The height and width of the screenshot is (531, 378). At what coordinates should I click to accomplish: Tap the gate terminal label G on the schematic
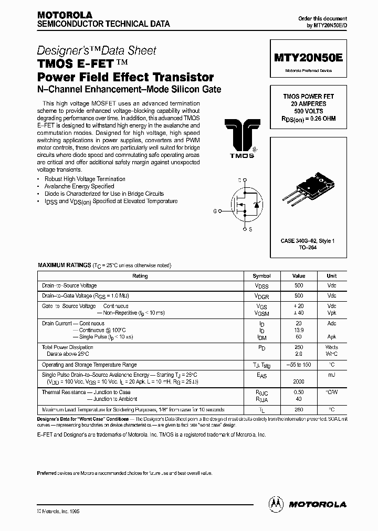click(215, 211)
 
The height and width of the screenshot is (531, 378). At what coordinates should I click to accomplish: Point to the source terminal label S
click(250, 229)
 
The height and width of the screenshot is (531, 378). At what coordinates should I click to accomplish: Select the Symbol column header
click(261, 276)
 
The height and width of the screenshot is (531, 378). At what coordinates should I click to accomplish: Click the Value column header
click(299, 276)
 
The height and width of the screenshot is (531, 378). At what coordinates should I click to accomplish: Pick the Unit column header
click(332, 276)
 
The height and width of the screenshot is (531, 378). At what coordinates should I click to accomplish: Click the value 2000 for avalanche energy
click(299, 382)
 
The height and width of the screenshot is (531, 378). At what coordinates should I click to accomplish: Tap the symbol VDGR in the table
click(261, 296)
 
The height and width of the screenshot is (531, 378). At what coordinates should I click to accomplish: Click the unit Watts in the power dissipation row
click(332, 347)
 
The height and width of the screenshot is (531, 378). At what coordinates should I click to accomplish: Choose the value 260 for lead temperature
click(299, 409)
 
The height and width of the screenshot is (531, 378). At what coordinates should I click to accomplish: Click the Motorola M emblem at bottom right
click(275, 504)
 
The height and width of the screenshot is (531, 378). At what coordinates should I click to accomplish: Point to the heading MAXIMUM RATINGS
click(64, 266)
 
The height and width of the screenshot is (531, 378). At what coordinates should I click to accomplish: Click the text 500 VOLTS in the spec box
click(308, 111)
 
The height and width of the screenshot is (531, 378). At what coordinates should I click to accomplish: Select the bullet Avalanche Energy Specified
click(79, 186)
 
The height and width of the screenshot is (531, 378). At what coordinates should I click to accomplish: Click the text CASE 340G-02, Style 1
click(308, 241)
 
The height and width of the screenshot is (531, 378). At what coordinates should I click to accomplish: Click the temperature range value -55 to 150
click(299, 365)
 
